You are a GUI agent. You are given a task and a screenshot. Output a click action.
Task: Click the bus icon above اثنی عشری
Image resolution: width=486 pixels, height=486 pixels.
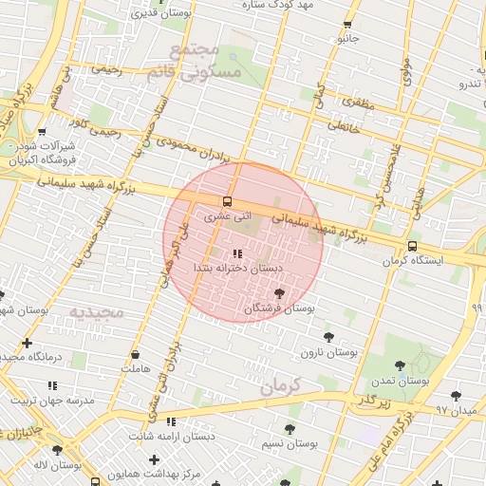pos(227,201)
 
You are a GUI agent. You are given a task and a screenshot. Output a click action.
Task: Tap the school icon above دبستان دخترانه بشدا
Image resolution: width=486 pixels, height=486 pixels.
pos(236,253)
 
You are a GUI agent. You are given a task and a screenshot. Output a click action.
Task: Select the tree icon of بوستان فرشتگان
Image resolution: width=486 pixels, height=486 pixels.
pos(278,294)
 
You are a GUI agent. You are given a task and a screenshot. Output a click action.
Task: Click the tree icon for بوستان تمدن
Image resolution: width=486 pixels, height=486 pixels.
pos(399,364)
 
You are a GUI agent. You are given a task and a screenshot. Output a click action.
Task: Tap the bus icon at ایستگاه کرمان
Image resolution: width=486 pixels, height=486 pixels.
pos(411,246)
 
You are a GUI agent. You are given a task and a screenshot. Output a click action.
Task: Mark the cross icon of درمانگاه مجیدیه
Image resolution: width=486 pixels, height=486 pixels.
pos(27,343)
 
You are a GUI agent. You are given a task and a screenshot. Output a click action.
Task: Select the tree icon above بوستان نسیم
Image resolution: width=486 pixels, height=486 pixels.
pos(290,429)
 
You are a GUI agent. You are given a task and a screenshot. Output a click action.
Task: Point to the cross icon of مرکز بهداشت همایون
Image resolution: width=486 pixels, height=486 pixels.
pos(154,459)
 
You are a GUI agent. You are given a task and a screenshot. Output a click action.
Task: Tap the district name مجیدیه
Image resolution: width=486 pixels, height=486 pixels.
pos(97,311)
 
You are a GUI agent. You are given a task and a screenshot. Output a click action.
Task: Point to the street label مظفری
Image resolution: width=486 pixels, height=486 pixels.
pos(354,102)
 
